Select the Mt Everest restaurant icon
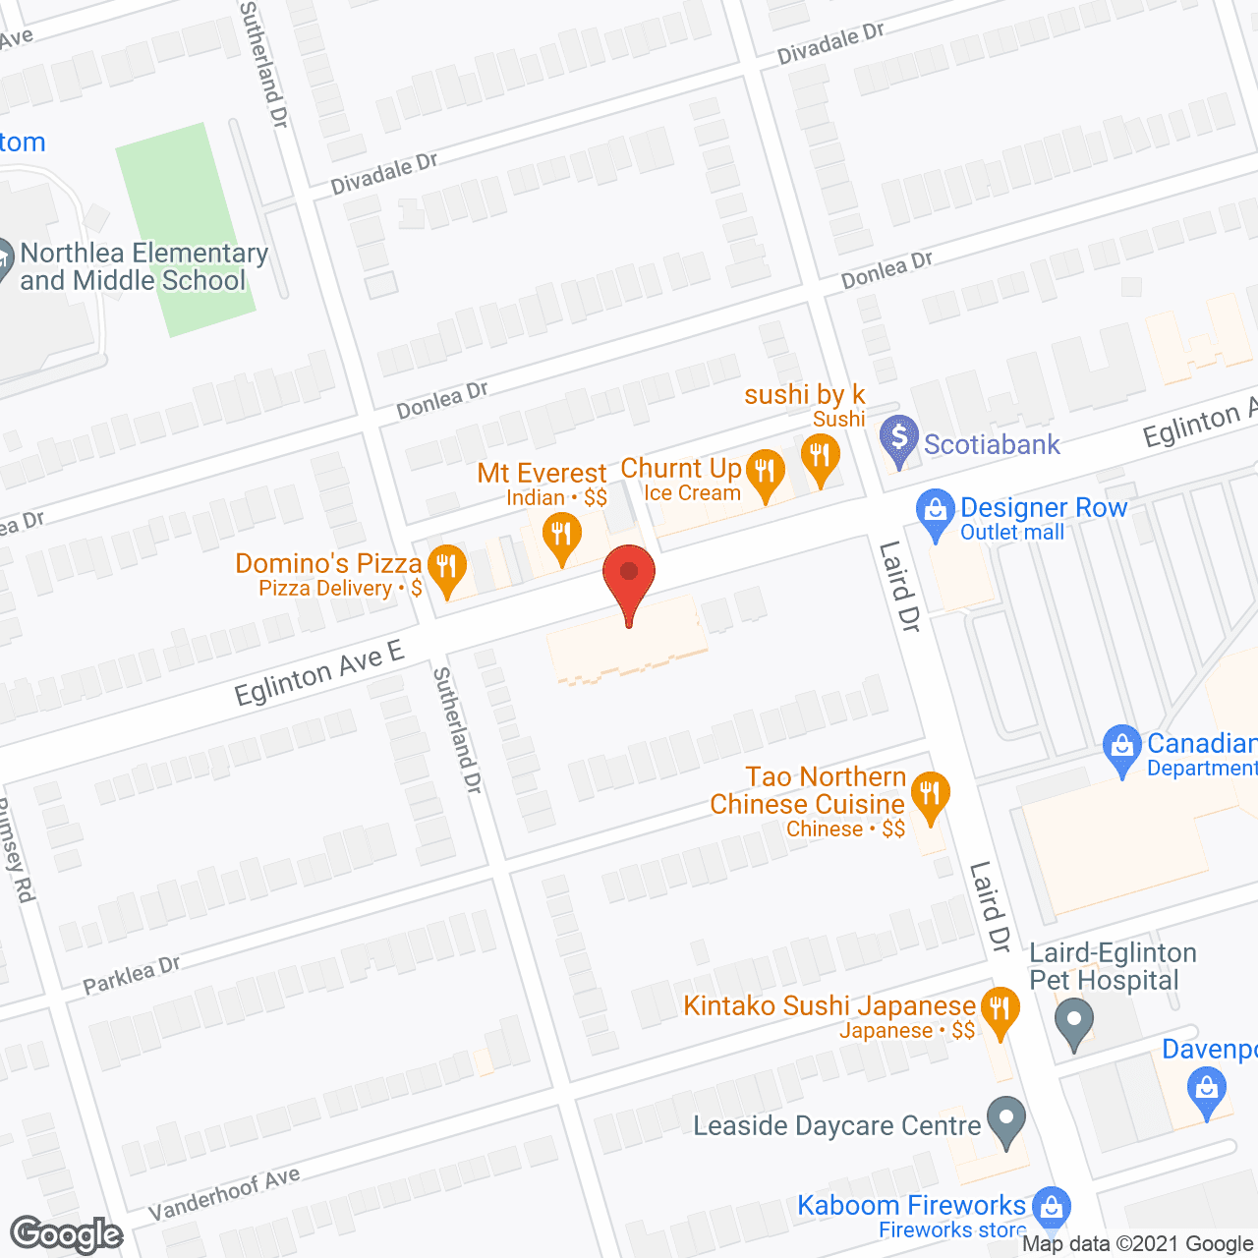pyautogui.click(x=561, y=536)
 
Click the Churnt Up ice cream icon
pyautogui.click(x=765, y=471)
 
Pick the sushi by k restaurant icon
pyautogui.click(x=820, y=457)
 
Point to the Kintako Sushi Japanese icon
pyautogui.click(x=1000, y=1009)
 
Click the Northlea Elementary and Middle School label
pyautogui.click(x=143, y=267)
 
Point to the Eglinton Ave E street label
pyautogui.click(x=319, y=673)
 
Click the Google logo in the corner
pyautogui.click(x=67, y=1234)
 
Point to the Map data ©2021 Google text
pyautogui.click(x=1138, y=1244)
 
